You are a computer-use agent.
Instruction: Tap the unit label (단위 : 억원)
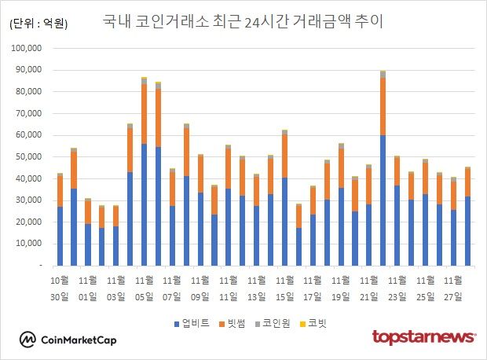point(38,24)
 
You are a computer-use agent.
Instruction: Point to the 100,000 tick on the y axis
point(31,48)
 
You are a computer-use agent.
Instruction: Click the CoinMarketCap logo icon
point(27,340)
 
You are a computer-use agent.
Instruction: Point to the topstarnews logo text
point(423,337)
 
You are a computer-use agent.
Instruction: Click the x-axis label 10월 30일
point(60,287)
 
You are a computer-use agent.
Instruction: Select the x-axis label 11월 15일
point(284,287)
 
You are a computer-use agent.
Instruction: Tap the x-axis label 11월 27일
point(453,287)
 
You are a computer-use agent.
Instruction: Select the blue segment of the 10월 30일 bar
point(60,236)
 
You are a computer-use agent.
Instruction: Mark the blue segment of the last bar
point(467,231)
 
